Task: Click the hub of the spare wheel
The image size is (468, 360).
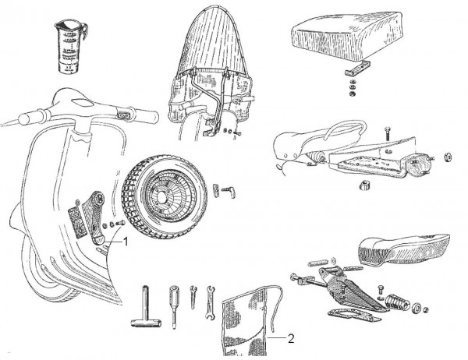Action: (165, 196)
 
